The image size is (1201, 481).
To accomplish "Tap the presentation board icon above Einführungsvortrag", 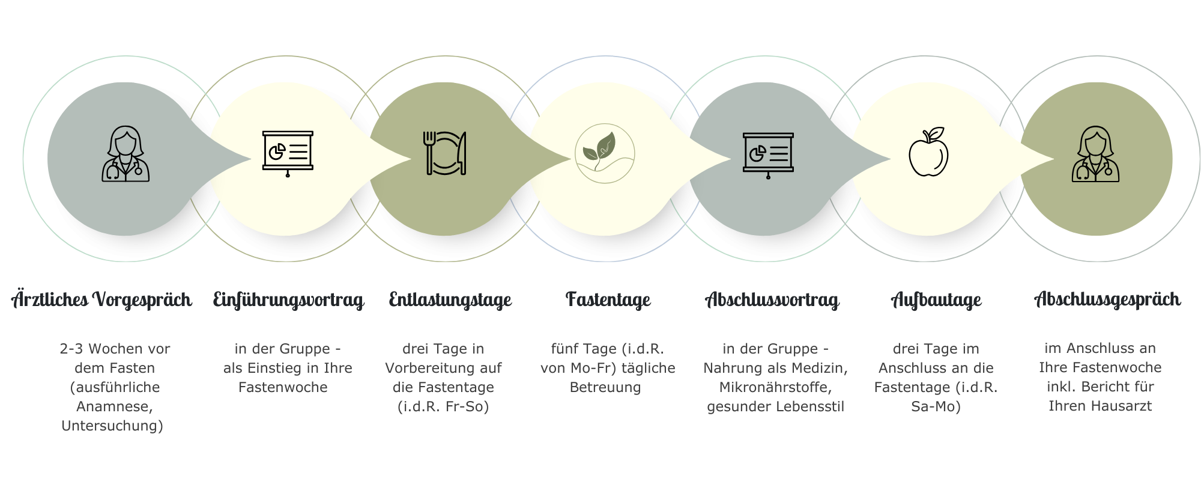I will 288,154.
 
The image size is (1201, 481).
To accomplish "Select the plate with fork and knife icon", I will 446,154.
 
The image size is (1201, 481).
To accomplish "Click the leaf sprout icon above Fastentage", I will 604,153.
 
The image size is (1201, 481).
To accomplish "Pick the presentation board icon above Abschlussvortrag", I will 768,154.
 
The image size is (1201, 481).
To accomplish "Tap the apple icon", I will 928,153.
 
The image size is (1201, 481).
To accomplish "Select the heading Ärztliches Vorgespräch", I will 102,299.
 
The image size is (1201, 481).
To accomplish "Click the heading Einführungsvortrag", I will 289,299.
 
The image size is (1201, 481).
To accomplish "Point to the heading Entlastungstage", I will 450,299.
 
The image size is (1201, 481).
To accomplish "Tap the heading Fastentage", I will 608,299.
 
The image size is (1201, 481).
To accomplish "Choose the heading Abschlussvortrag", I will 772,299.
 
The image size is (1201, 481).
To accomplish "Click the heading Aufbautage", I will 936,299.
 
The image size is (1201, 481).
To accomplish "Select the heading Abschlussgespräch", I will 1107,299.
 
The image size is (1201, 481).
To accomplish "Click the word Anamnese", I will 115,406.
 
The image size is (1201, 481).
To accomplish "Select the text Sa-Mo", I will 936,406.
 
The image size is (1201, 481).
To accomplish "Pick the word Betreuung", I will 605,387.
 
